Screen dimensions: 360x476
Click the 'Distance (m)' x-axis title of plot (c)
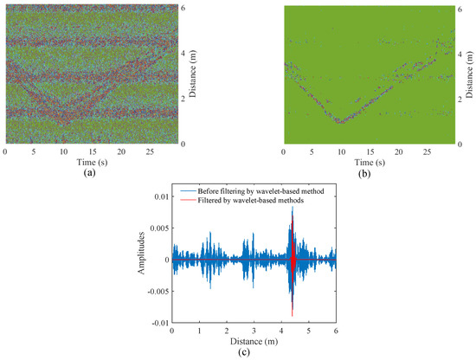[254, 341]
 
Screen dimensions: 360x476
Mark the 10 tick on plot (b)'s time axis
[342, 151]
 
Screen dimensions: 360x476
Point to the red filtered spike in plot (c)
[293, 260]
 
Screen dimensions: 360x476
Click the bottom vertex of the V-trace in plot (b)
[341, 121]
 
